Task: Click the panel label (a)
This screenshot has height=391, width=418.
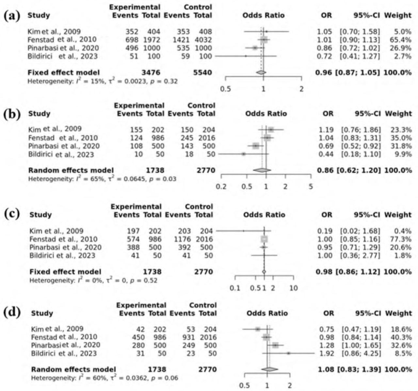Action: (x=11, y=15)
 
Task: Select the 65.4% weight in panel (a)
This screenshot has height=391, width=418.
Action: (x=403, y=40)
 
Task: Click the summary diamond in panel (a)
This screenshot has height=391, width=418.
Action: (x=261, y=73)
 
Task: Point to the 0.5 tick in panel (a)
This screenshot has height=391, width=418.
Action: (x=226, y=89)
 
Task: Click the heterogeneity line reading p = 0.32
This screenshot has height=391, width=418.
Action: (x=103, y=81)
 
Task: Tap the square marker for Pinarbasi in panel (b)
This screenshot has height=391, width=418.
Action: (x=256, y=146)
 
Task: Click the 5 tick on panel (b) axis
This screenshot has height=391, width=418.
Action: (x=311, y=187)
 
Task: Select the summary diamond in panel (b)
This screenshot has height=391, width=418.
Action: (x=262, y=170)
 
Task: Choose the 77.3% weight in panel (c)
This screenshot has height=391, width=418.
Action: (x=403, y=239)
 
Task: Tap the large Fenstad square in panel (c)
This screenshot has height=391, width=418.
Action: (x=264, y=239)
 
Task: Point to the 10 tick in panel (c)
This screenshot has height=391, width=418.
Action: (x=294, y=288)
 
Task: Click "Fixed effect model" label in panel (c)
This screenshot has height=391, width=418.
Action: (x=65, y=272)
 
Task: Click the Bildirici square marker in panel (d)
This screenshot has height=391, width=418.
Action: (x=288, y=353)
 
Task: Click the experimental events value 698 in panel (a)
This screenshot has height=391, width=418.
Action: (x=132, y=40)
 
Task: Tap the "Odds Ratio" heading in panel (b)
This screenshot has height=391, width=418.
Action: (x=266, y=114)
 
